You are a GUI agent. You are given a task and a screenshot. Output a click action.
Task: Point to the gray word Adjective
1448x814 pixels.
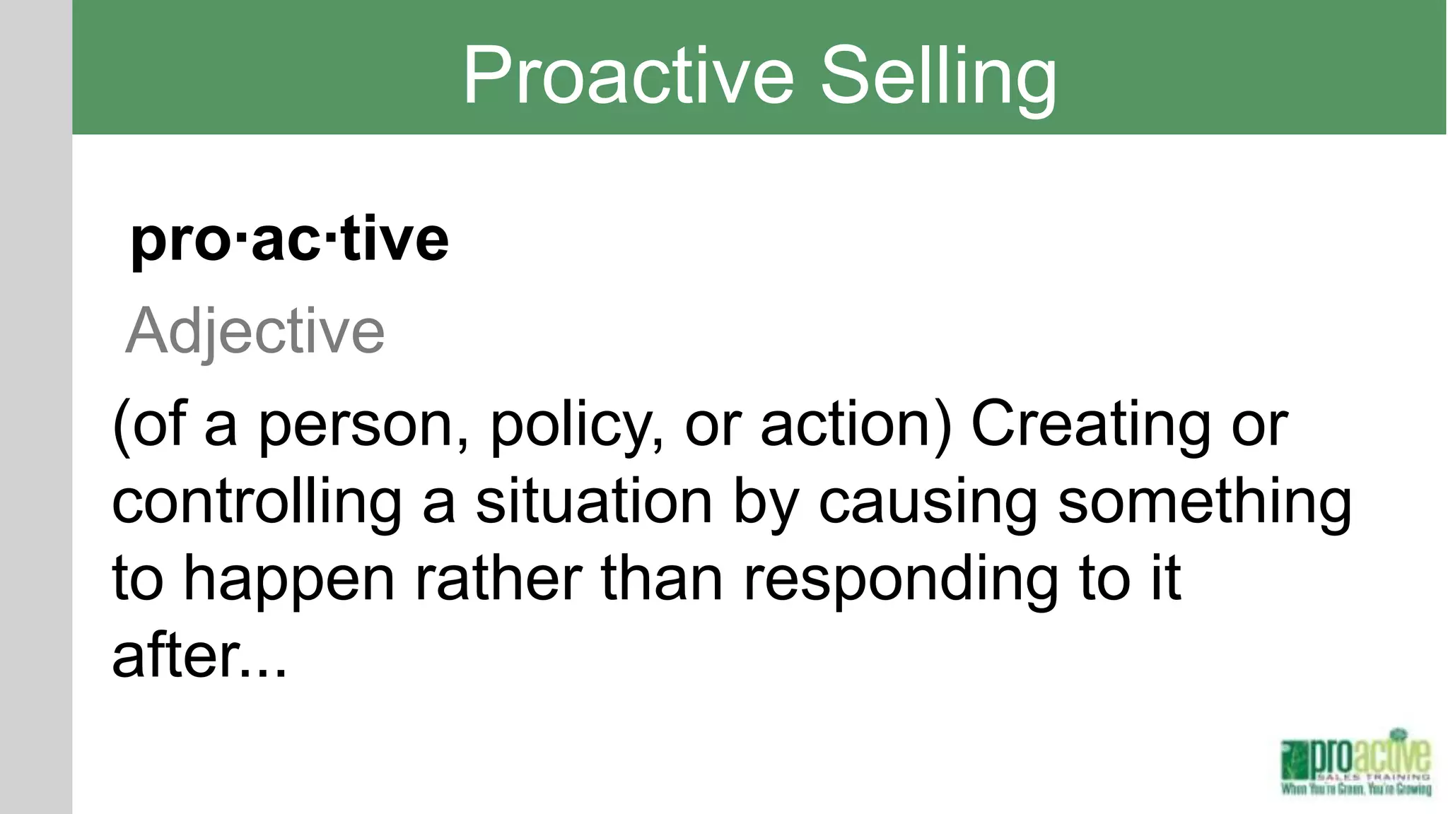click(x=255, y=331)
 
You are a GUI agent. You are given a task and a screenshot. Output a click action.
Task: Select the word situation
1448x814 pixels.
click(x=594, y=503)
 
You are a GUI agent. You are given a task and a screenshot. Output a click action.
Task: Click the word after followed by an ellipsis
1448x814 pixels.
click(x=177, y=656)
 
